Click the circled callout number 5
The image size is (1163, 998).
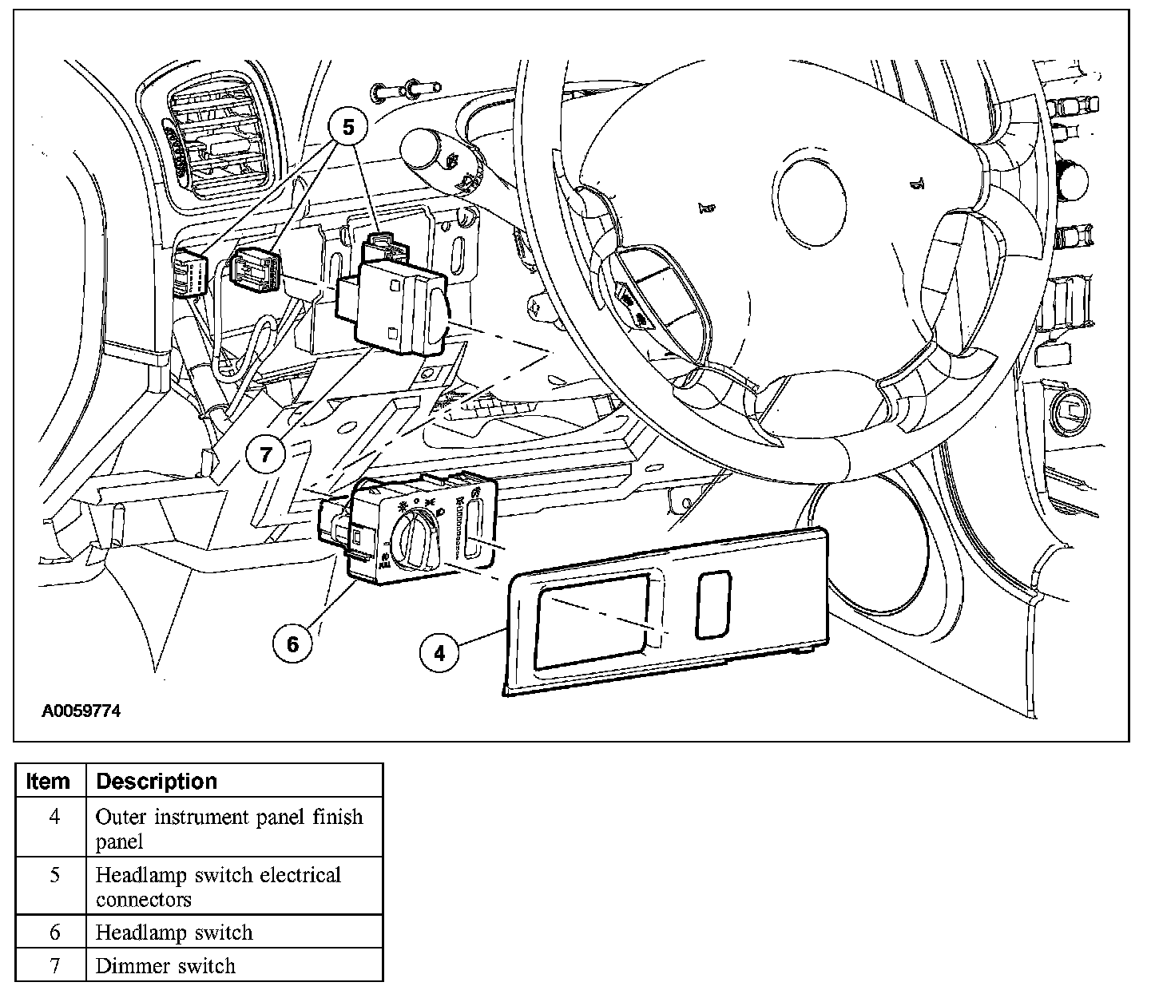tap(347, 127)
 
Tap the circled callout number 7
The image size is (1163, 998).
tap(266, 454)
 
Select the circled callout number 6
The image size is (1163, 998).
tap(292, 643)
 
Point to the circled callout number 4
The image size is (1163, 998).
tap(439, 652)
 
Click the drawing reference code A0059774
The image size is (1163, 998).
tap(81, 711)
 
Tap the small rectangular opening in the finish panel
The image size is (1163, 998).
tap(713, 604)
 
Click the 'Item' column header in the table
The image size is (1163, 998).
tap(49, 781)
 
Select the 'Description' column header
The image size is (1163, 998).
tap(157, 781)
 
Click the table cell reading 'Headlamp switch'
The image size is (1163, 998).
tap(174, 933)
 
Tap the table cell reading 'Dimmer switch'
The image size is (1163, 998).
tap(165, 966)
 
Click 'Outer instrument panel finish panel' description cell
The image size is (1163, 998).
tap(229, 828)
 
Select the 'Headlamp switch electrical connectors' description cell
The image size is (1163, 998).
tap(218, 886)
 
